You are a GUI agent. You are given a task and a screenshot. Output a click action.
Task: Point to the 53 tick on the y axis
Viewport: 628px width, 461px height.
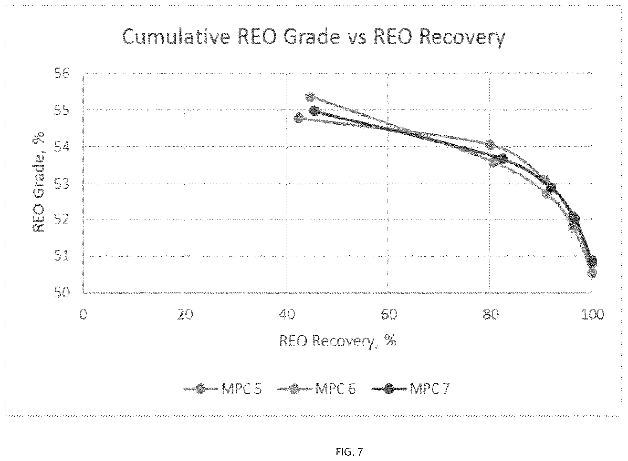[62, 184]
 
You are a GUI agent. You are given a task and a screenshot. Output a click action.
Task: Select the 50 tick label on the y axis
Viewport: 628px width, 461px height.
[62, 293]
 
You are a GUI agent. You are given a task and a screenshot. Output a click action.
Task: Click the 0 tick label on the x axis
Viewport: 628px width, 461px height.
[83, 314]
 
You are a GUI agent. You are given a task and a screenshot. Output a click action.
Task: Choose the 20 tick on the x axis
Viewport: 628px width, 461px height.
[185, 314]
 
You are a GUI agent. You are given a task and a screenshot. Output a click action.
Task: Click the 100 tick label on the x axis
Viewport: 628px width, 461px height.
[592, 314]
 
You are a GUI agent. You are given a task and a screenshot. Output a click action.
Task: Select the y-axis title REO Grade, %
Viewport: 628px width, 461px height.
[39, 182]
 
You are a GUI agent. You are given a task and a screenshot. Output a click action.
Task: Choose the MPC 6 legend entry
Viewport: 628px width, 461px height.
[316, 389]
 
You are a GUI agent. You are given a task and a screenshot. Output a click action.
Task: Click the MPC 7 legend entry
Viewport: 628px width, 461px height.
[411, 389]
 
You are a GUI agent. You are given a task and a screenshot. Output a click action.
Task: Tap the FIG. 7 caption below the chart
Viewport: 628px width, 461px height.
[349, 451]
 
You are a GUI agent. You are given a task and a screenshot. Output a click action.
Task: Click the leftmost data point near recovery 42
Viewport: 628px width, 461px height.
[299, 118]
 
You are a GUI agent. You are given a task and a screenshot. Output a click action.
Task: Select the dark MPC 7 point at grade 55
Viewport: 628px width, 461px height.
[314, 111]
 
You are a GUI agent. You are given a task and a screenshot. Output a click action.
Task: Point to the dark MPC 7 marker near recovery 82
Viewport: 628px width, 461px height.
[502, 159]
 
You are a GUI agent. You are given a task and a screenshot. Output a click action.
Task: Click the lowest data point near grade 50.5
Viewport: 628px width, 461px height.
[592, 273]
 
